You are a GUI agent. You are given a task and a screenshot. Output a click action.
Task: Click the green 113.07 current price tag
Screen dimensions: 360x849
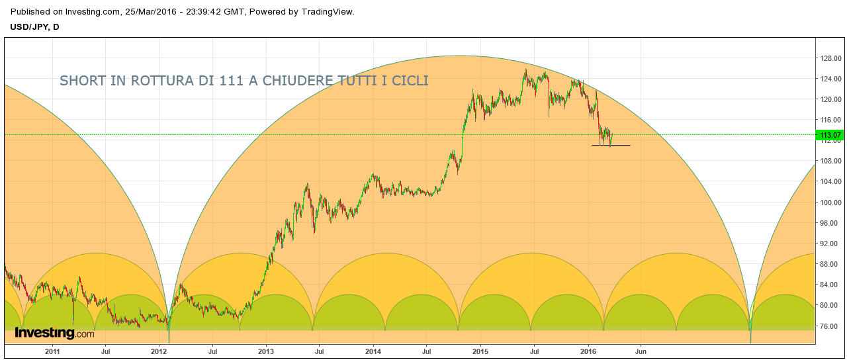tap(830, 136)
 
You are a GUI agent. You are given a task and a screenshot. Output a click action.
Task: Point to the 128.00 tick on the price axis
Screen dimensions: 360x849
tap(830, 58)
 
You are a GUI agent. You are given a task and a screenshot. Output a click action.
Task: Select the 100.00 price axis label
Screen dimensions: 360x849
tap(830, 202)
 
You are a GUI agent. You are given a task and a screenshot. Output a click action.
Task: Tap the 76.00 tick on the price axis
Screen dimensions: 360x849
tap(830, 326)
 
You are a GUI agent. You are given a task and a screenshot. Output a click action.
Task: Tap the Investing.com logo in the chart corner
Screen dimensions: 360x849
tap(54, 334)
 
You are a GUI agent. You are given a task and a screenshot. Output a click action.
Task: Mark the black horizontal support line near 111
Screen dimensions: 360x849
tap(611, 145)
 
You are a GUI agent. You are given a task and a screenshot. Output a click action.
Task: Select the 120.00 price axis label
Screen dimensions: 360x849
tap(830, 99)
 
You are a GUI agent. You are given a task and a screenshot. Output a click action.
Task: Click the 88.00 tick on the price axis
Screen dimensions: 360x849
tap(830, 264)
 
